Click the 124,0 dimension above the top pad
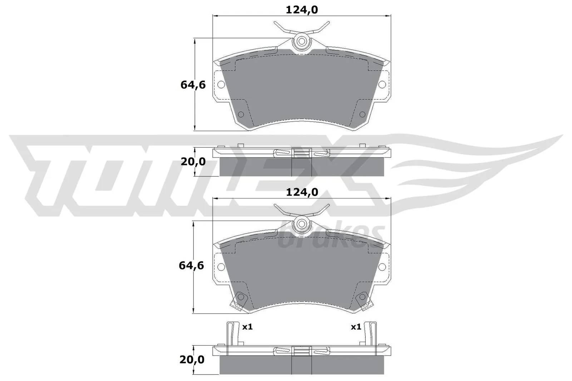click(301, 10)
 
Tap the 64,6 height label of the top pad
click(193, 85)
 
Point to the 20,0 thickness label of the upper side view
click(193, 162)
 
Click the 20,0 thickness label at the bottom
click(192, 360)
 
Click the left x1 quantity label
click(247, 327)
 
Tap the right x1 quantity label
click(356, 327)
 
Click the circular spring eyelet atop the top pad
click(301, 41)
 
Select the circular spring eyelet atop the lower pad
click(301, 224)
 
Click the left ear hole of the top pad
click(221, 85)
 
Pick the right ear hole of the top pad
click(382, 85)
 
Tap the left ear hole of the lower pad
click(221, 267)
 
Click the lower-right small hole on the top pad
click(362, 114)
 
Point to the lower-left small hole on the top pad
click(241, 114)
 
